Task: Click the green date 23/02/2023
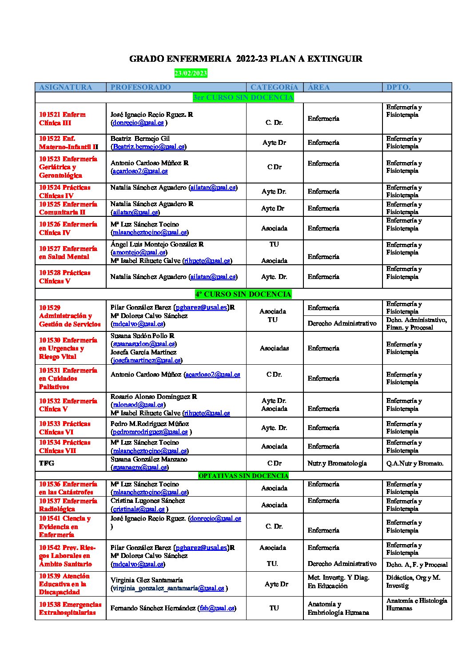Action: [191, 73]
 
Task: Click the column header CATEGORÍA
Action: [274, 87]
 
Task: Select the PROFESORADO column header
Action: [140, 87]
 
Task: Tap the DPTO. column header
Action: [398, 87]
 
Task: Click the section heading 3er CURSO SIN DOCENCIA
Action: [243, 97]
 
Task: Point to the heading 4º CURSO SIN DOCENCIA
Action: [243, 294]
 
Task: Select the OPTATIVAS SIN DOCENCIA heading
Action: [243, 476]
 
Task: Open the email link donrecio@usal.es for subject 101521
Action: [138, 123]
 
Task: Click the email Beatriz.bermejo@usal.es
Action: [148, 147]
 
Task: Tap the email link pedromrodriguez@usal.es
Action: [150, 432]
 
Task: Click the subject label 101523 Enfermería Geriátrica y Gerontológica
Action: [68, 167]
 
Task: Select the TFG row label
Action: [46, 463]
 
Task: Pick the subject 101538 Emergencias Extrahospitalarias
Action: [70, 608]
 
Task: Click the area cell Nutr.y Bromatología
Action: [337, 463]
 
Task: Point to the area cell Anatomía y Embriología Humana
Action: [338, 608]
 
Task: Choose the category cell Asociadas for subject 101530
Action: [274, 348]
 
